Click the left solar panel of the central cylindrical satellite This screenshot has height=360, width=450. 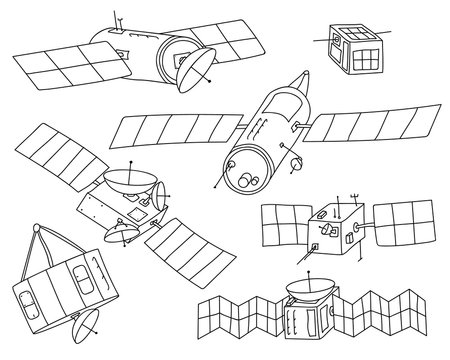pos(180,130)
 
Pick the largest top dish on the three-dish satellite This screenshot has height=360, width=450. pos(124,179)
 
